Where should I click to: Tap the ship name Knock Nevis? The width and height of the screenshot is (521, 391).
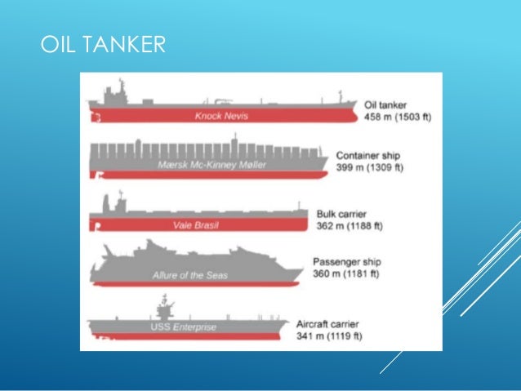(220, 116)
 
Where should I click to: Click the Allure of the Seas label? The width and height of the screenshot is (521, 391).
(189, 275)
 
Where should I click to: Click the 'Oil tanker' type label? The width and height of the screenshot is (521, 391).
(387, 104)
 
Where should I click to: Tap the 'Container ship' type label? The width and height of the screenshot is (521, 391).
(369, 155)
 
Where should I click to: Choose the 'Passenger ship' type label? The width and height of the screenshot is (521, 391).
(347, 262)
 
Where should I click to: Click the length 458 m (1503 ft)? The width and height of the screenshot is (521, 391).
(398, 117)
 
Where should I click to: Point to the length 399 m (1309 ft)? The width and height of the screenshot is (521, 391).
(371, 167)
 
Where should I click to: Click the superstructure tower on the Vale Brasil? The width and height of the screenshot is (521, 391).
(119, 202)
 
